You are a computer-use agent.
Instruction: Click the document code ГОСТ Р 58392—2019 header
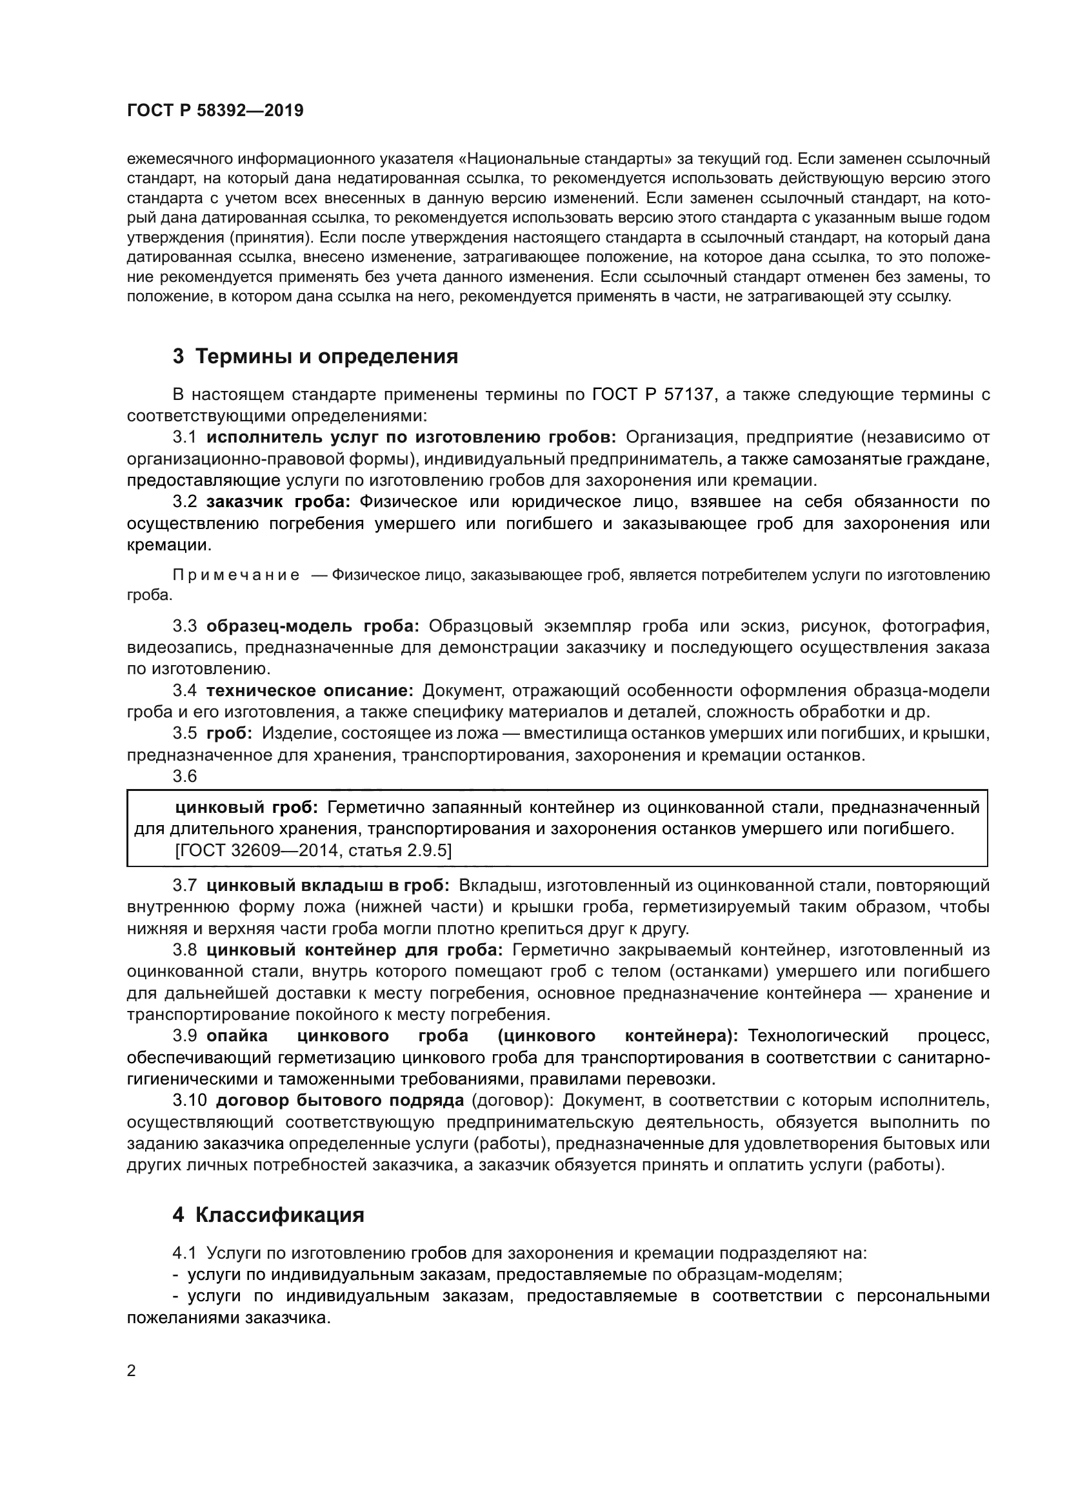[x=215, y=110]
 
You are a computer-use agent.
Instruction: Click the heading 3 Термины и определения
[x=315, y=357]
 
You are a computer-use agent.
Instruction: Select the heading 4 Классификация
[x=268, y=1215]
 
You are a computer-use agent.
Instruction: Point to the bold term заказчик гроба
[x=278, y=502]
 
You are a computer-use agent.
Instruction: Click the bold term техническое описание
[x=310, y=691]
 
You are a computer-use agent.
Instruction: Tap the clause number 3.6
[x=184, y=776]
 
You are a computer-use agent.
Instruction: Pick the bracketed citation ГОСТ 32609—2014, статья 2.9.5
[x=314, y=850]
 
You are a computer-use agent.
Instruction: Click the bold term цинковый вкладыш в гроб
[x=327, y=886]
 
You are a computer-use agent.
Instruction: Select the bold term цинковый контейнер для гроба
[x=355, y=950]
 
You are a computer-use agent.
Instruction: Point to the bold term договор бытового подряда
[x=340, y=1100]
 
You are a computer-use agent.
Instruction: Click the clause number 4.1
[x=184, y=1254]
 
